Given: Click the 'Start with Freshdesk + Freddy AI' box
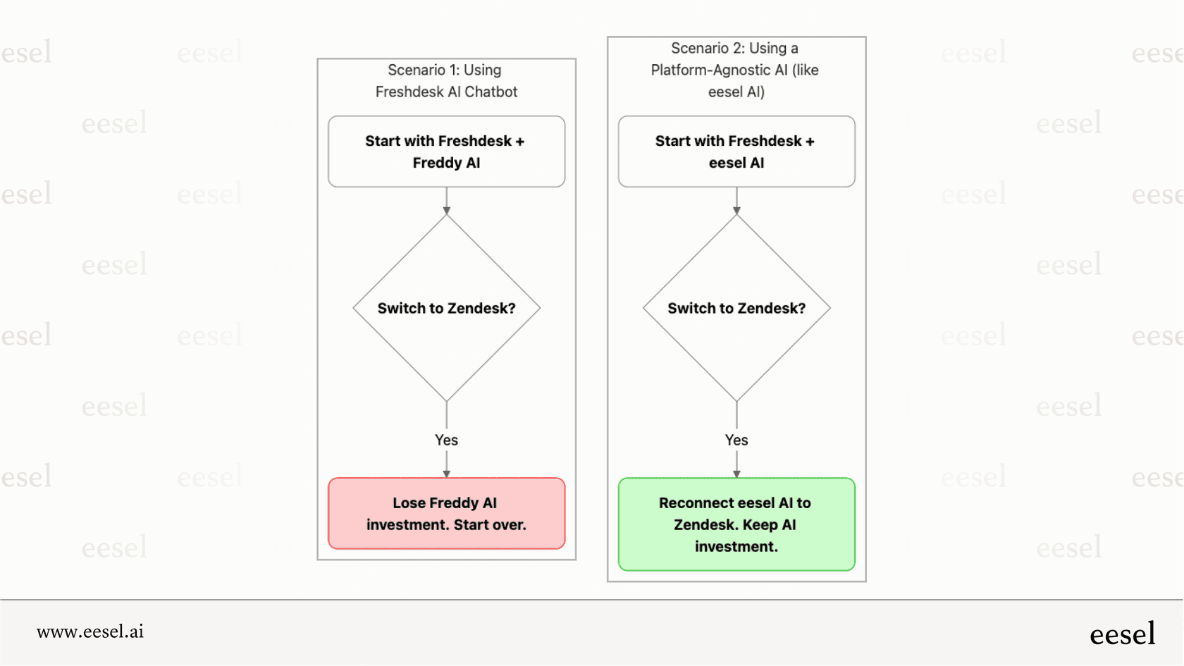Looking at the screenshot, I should point(446,152).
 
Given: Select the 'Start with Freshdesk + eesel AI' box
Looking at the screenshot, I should point(736,152).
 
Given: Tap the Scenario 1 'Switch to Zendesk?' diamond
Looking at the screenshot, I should point(446,308).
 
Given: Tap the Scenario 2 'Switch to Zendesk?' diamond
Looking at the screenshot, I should point(736,308).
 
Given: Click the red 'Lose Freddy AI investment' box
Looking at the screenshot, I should point(446,513).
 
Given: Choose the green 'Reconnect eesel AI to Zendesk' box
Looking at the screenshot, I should point(736,524).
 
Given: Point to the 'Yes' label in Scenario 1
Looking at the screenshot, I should point(446,440).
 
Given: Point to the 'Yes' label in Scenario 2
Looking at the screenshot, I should point(736,440).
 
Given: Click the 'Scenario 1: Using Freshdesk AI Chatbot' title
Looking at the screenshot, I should point(446,80).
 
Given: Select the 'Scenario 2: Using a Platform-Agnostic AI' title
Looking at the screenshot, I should point(735,70).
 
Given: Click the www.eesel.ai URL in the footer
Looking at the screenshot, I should point(90,631).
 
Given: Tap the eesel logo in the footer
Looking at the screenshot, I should point(1122,634).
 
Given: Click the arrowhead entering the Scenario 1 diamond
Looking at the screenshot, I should point(446,211).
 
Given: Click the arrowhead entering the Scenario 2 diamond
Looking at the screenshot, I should point(736,211).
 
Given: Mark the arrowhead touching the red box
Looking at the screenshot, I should point(446,474).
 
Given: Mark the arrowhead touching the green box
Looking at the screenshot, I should point(736,474).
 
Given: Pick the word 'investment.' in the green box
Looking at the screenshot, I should point(736,546).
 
